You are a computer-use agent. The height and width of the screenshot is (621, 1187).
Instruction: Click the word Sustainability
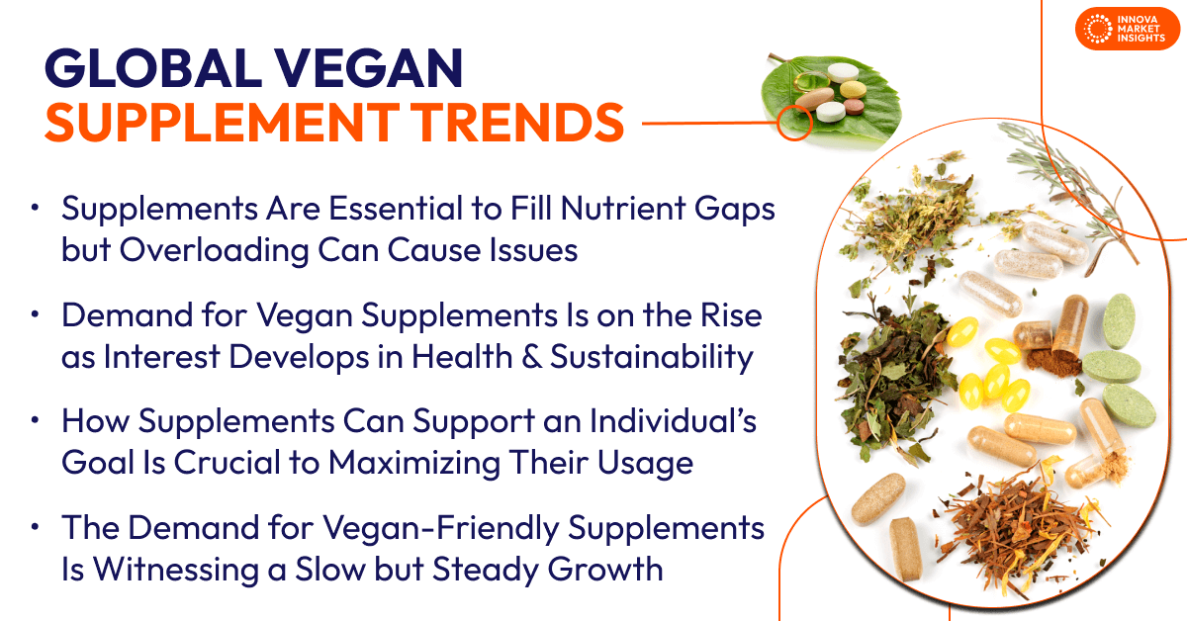coord(650,356)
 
